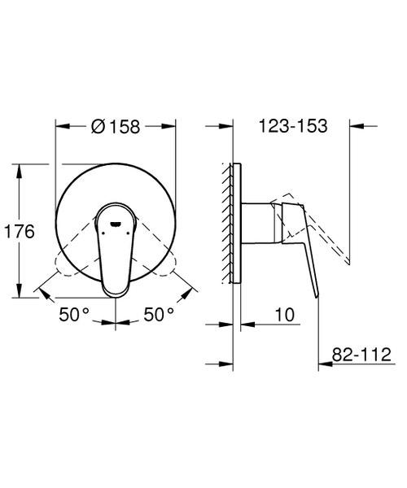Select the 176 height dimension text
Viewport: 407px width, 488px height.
(x=18, y=231)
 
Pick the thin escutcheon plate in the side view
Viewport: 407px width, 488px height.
(x=237, y=224)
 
